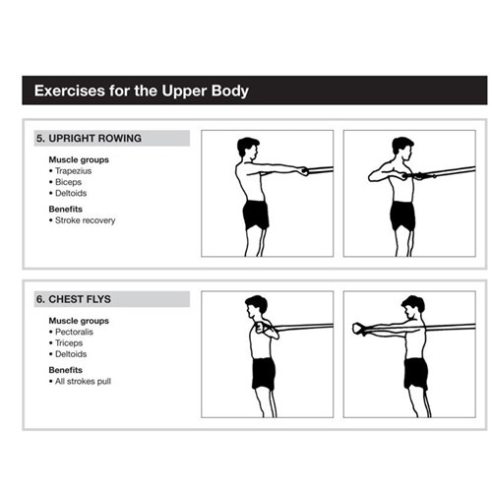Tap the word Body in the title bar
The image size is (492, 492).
click(231, 92)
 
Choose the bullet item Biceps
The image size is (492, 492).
click(68, 182)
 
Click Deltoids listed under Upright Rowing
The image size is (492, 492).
click(71, 193)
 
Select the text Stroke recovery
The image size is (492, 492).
click(85, 220)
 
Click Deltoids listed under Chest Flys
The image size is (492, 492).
click(71, 354)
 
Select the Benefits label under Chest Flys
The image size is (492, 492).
click(67, 370)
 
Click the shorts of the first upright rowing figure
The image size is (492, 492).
click(256, 214)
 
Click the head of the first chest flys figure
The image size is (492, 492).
click(257, 306)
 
